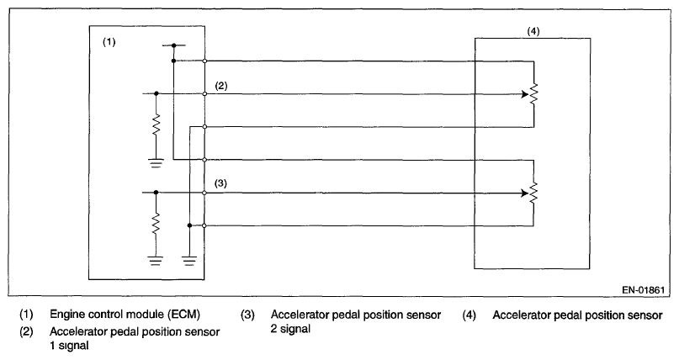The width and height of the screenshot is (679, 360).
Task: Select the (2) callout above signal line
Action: point(221,86)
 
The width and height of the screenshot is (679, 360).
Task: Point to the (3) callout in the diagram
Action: point(221,183)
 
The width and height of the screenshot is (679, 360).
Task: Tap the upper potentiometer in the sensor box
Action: point(533,94)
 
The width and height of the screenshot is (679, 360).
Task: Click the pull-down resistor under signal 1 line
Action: point(156,127)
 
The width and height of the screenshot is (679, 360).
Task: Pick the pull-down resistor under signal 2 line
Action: point(156,224)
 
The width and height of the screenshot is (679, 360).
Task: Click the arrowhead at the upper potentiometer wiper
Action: point(524,94)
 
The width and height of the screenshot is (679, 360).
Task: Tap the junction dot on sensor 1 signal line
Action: point(156,94)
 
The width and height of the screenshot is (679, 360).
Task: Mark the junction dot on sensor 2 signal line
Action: point(156,193)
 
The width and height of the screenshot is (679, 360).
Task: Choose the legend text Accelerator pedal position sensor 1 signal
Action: point(135,338)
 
